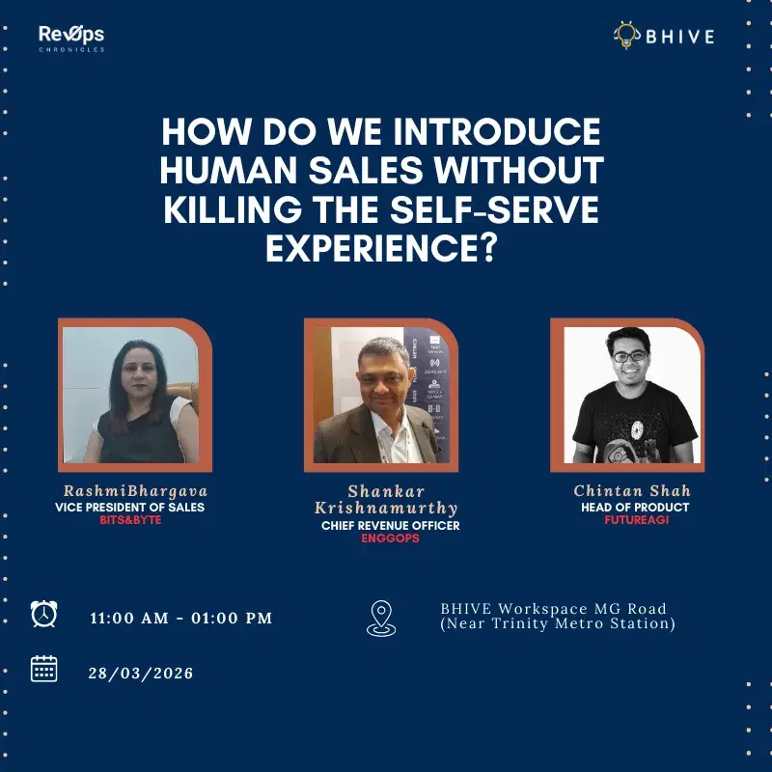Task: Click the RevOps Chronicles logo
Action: point(71,38)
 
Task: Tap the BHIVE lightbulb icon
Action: point(626,36)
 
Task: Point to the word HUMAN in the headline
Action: point(217,170)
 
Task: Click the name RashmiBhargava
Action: point(135,491)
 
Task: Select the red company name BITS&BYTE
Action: point(130,520)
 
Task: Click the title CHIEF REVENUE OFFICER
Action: point(390,526)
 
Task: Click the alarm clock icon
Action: point(43,615)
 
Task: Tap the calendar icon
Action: point(43,669)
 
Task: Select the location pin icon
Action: point(380,618)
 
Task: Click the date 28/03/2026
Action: point(141,673)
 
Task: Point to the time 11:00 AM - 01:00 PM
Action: point(181,618)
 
